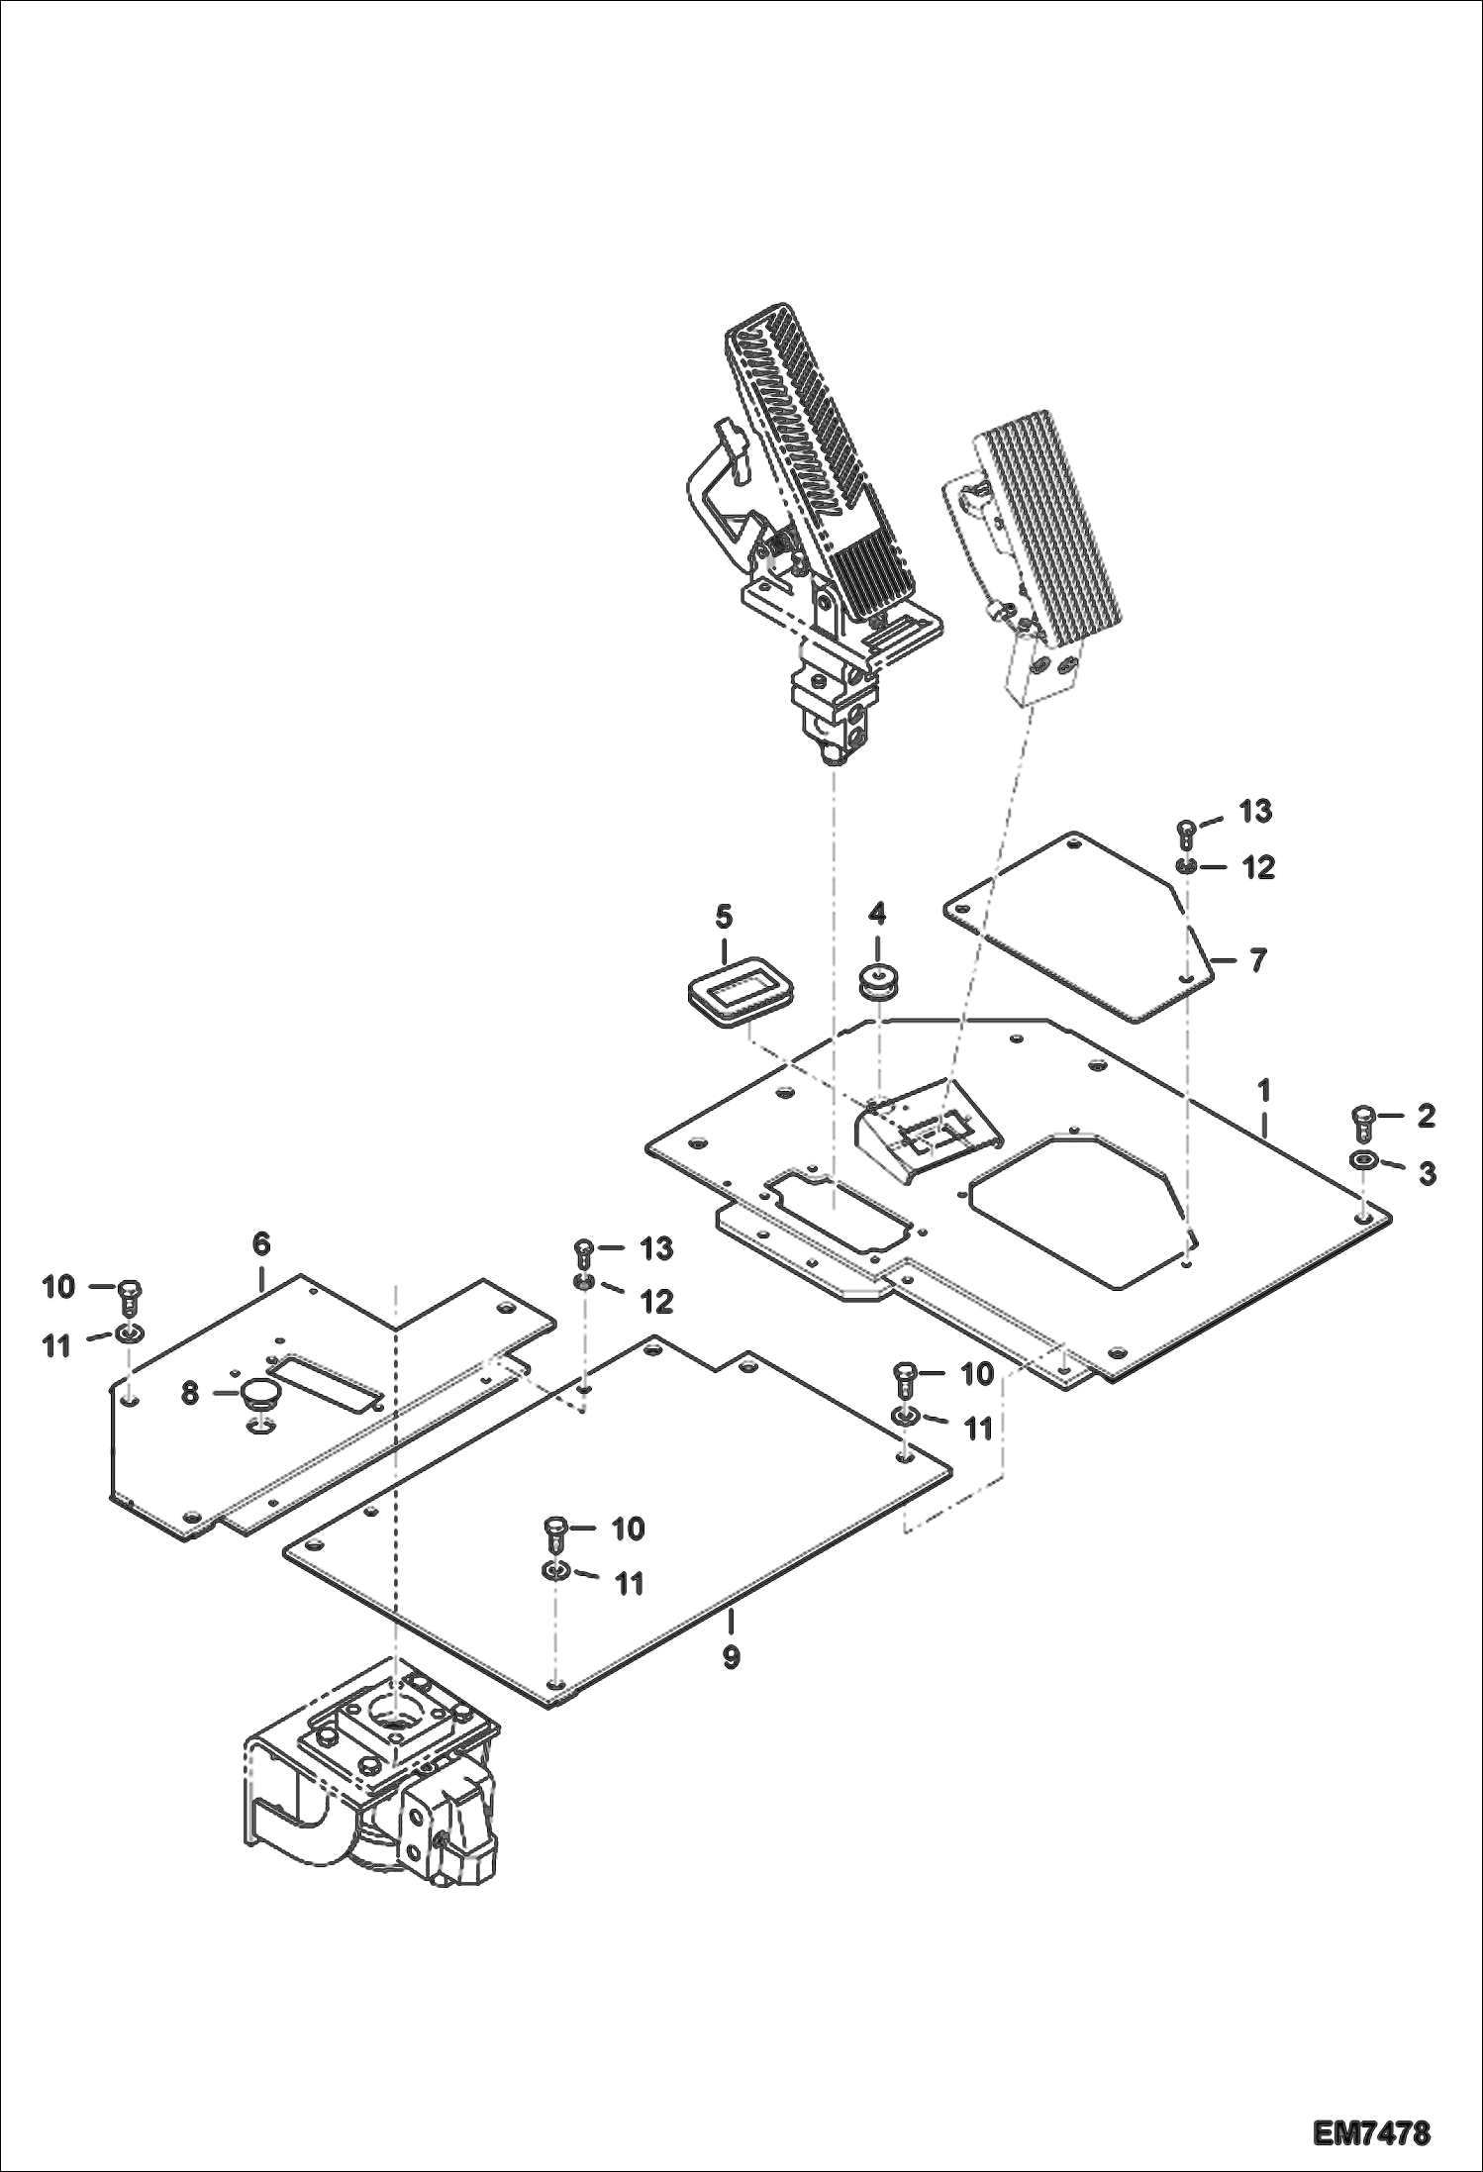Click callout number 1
tap(1264, 1091)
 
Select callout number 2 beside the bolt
tap(1426, 1116)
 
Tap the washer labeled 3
tap(1363, 1160)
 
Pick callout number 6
tap(261, 1243)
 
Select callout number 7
tap(1257, 959)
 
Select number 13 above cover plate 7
tap(1255, 811)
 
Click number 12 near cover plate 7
tap(1258, 867)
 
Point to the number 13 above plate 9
tap(656, 1248)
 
